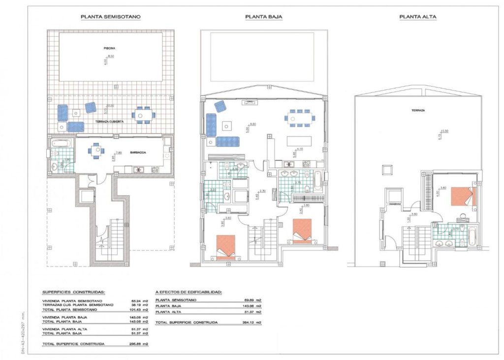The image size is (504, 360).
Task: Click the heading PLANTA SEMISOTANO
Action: tap(111, 17)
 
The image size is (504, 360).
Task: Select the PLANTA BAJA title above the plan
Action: tap(260, 17)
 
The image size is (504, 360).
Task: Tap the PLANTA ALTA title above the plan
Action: tap(418, 17)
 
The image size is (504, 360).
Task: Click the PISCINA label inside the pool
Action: tap(110, 49)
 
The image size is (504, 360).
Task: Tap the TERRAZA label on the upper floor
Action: tap(418, 111)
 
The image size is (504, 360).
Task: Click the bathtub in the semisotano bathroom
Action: tap(62, 144)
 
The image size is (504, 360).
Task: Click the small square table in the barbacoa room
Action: tap(96, 152)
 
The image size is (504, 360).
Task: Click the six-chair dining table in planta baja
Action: tap(300, 118)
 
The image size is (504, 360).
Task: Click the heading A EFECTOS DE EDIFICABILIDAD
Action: tap(189, 292)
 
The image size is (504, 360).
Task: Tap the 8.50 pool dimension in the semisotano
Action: tap(111, 57)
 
